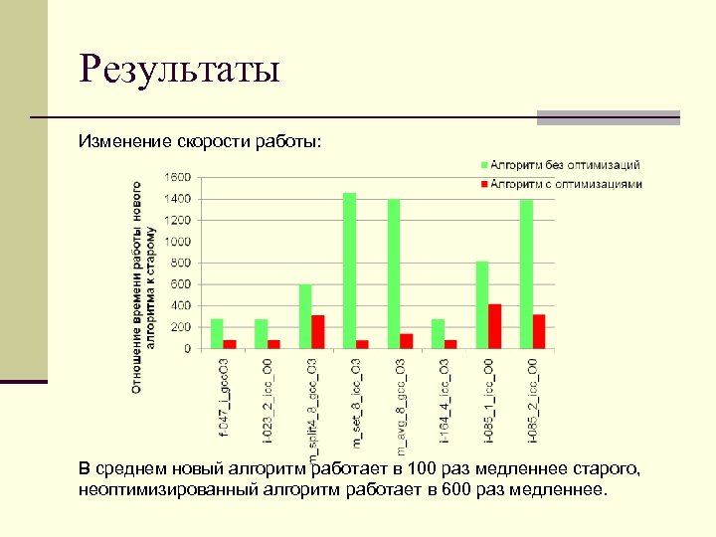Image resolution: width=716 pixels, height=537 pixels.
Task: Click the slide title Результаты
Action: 181,70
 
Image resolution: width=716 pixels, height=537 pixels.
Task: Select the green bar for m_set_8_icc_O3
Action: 349,270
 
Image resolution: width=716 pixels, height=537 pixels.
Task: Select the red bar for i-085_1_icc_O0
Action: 494,326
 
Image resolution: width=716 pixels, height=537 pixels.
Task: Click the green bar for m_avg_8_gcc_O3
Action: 394,273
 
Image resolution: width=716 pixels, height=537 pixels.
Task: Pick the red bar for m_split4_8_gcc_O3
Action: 318,332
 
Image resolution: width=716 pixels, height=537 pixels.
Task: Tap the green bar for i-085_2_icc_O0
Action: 526,273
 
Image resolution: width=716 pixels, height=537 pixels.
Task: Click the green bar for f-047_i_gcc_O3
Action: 217,334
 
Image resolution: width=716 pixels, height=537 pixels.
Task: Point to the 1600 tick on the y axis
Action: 178,177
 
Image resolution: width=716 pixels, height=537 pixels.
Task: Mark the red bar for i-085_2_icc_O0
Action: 539,332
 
